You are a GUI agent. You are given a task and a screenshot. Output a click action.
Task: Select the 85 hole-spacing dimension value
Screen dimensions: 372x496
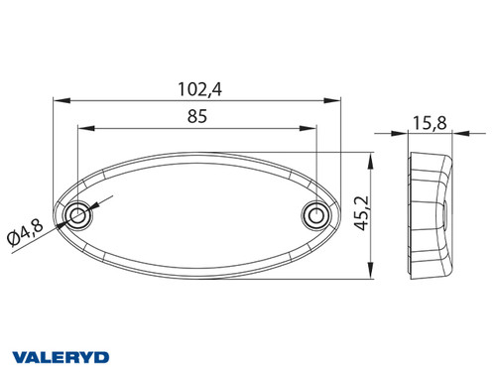(x=195, y=117)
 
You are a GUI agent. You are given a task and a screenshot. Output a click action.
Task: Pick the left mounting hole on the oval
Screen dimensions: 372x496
(x=77, y=214)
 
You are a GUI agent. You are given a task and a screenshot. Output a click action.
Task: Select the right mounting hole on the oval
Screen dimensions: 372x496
(x=315, y=214)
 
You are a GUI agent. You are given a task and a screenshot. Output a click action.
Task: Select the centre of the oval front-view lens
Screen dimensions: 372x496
(x=195, y=214)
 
